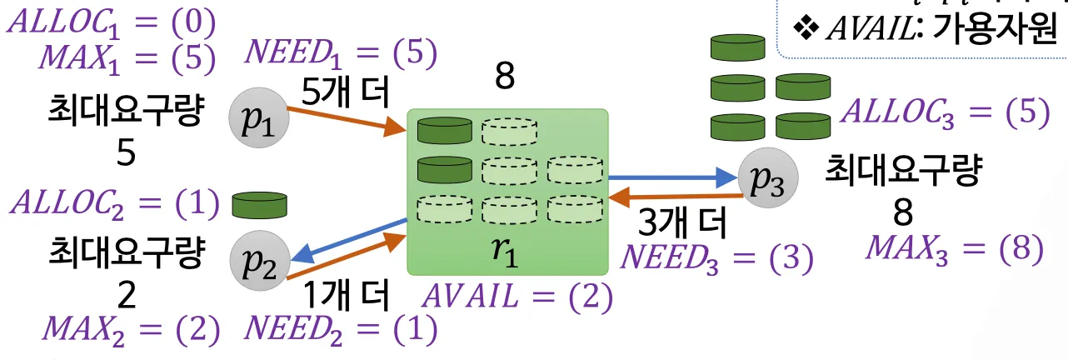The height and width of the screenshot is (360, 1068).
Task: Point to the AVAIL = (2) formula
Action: coord(518,297)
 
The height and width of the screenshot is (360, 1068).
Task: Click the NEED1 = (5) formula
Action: coord(340,54)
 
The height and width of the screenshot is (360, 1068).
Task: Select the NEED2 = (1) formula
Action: coord(340,329)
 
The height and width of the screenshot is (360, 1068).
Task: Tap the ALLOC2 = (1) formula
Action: coord(112,202)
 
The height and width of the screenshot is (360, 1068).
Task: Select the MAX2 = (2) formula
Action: coord(132,330)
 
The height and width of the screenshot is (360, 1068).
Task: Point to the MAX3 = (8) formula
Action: coord(955,248)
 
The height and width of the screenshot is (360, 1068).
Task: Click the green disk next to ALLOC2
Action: coord(259,203)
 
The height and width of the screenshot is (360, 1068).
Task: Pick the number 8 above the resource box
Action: coord(505,77)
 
